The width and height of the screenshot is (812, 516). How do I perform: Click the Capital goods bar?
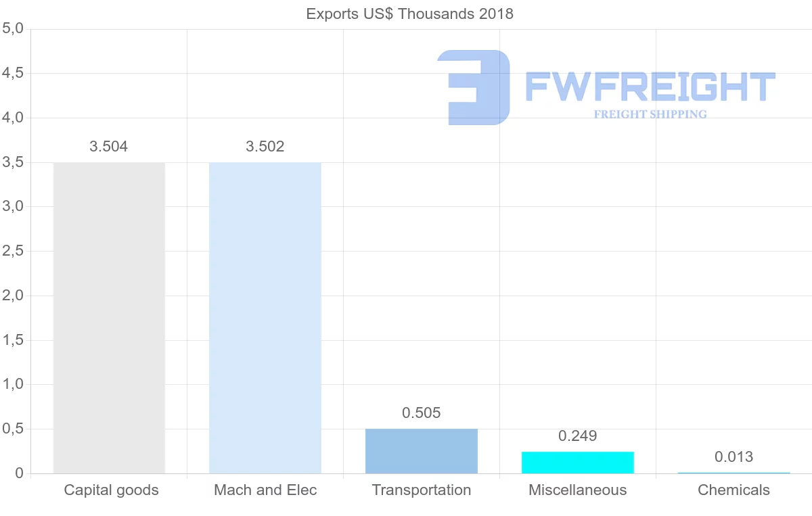109,318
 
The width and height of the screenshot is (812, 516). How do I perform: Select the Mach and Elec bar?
265,318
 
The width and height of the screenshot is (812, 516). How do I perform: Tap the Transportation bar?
422,451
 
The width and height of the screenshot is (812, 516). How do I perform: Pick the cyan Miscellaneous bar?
578,463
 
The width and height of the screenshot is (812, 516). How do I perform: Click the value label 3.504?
109,147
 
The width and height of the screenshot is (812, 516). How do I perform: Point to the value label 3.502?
265,147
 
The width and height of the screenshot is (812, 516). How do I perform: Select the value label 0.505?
422,413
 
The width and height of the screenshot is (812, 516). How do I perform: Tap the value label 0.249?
578,436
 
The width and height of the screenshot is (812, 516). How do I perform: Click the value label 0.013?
734,458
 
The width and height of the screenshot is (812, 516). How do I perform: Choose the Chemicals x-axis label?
734,490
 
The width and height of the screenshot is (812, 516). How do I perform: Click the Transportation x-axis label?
422,490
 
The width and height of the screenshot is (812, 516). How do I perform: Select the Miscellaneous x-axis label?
578,490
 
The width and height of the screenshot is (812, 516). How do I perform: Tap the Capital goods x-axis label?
112,490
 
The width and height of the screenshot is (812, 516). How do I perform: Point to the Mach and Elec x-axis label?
265,490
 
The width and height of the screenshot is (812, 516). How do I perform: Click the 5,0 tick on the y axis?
14,29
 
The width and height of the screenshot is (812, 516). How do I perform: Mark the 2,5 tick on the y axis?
14,252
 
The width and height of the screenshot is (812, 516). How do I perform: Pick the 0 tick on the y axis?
20,473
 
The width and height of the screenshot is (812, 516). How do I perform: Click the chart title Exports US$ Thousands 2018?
410,14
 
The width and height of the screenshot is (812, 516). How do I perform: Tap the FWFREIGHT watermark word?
650,87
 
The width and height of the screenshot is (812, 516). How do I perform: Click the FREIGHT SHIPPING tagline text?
650,114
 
